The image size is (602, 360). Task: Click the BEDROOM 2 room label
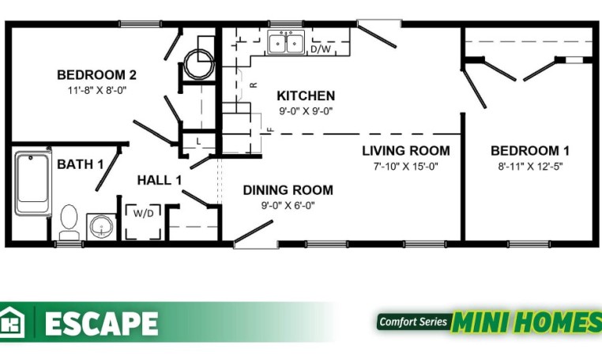(x=96, y=74)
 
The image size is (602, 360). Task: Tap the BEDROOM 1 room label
(x=530, y=151)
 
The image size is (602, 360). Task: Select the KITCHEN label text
(x=306, y=96)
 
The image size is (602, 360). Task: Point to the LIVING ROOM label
(x=406, y=151)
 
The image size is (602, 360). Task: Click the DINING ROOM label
(x=288, y=190)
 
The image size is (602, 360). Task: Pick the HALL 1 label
(x=160, y=180)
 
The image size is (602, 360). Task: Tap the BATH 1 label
(x=81, y=164)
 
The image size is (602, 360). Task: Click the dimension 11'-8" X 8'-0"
(x=97, y=91)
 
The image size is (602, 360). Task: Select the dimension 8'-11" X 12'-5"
(x=530, y=167)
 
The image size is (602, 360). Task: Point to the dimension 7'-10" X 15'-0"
(x=406, y=167)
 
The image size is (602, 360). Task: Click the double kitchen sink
(x=286, y=42)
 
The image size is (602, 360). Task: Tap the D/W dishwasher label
(x=321, y=49)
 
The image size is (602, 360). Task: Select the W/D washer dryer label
(x=144, y=213)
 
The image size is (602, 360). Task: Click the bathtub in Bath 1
(x=33, y=182)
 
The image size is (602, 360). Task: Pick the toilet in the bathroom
(x=69, y=223)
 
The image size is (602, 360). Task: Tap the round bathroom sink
(x=101, y=227)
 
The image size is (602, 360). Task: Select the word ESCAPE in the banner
(x=101, y=323)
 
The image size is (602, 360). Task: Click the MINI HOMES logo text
(x=526, y=321)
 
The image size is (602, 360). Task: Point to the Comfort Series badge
(x=413, y=321)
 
